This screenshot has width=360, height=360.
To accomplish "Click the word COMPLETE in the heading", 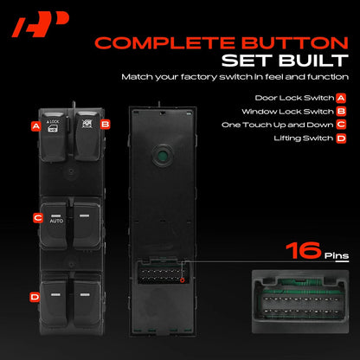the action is coord(165,43).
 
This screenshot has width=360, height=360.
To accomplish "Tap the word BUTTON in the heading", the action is coord(295,43).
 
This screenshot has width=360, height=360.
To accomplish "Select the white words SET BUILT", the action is coord(285,61).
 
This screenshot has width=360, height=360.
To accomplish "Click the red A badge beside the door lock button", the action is coord(36,126).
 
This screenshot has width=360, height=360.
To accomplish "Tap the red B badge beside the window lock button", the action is coord(106,125).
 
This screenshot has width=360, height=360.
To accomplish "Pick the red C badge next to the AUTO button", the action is coord(38,218).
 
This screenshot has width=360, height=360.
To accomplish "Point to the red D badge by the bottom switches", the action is coord(35,297).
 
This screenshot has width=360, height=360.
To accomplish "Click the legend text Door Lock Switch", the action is coord(294,98).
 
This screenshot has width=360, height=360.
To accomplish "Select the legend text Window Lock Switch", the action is coord(287,112).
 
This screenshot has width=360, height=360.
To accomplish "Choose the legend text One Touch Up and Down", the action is coord(278,125).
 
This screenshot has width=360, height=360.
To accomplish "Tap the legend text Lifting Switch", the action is coord(304,138).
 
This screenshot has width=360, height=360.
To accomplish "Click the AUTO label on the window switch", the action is coord(56,221).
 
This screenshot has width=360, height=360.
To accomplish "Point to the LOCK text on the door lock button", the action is coord(53,122).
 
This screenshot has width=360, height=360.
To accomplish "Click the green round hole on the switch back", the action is coord(163,156).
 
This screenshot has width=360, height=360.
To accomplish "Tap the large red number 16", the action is coord(303,250).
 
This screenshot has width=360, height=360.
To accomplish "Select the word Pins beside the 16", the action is coord(337,256).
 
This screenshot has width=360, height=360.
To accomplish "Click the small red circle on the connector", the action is coord(183,280).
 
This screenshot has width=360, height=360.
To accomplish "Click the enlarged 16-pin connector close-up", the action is coord(300,302).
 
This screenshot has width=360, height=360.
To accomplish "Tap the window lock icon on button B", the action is coord(87,124).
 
